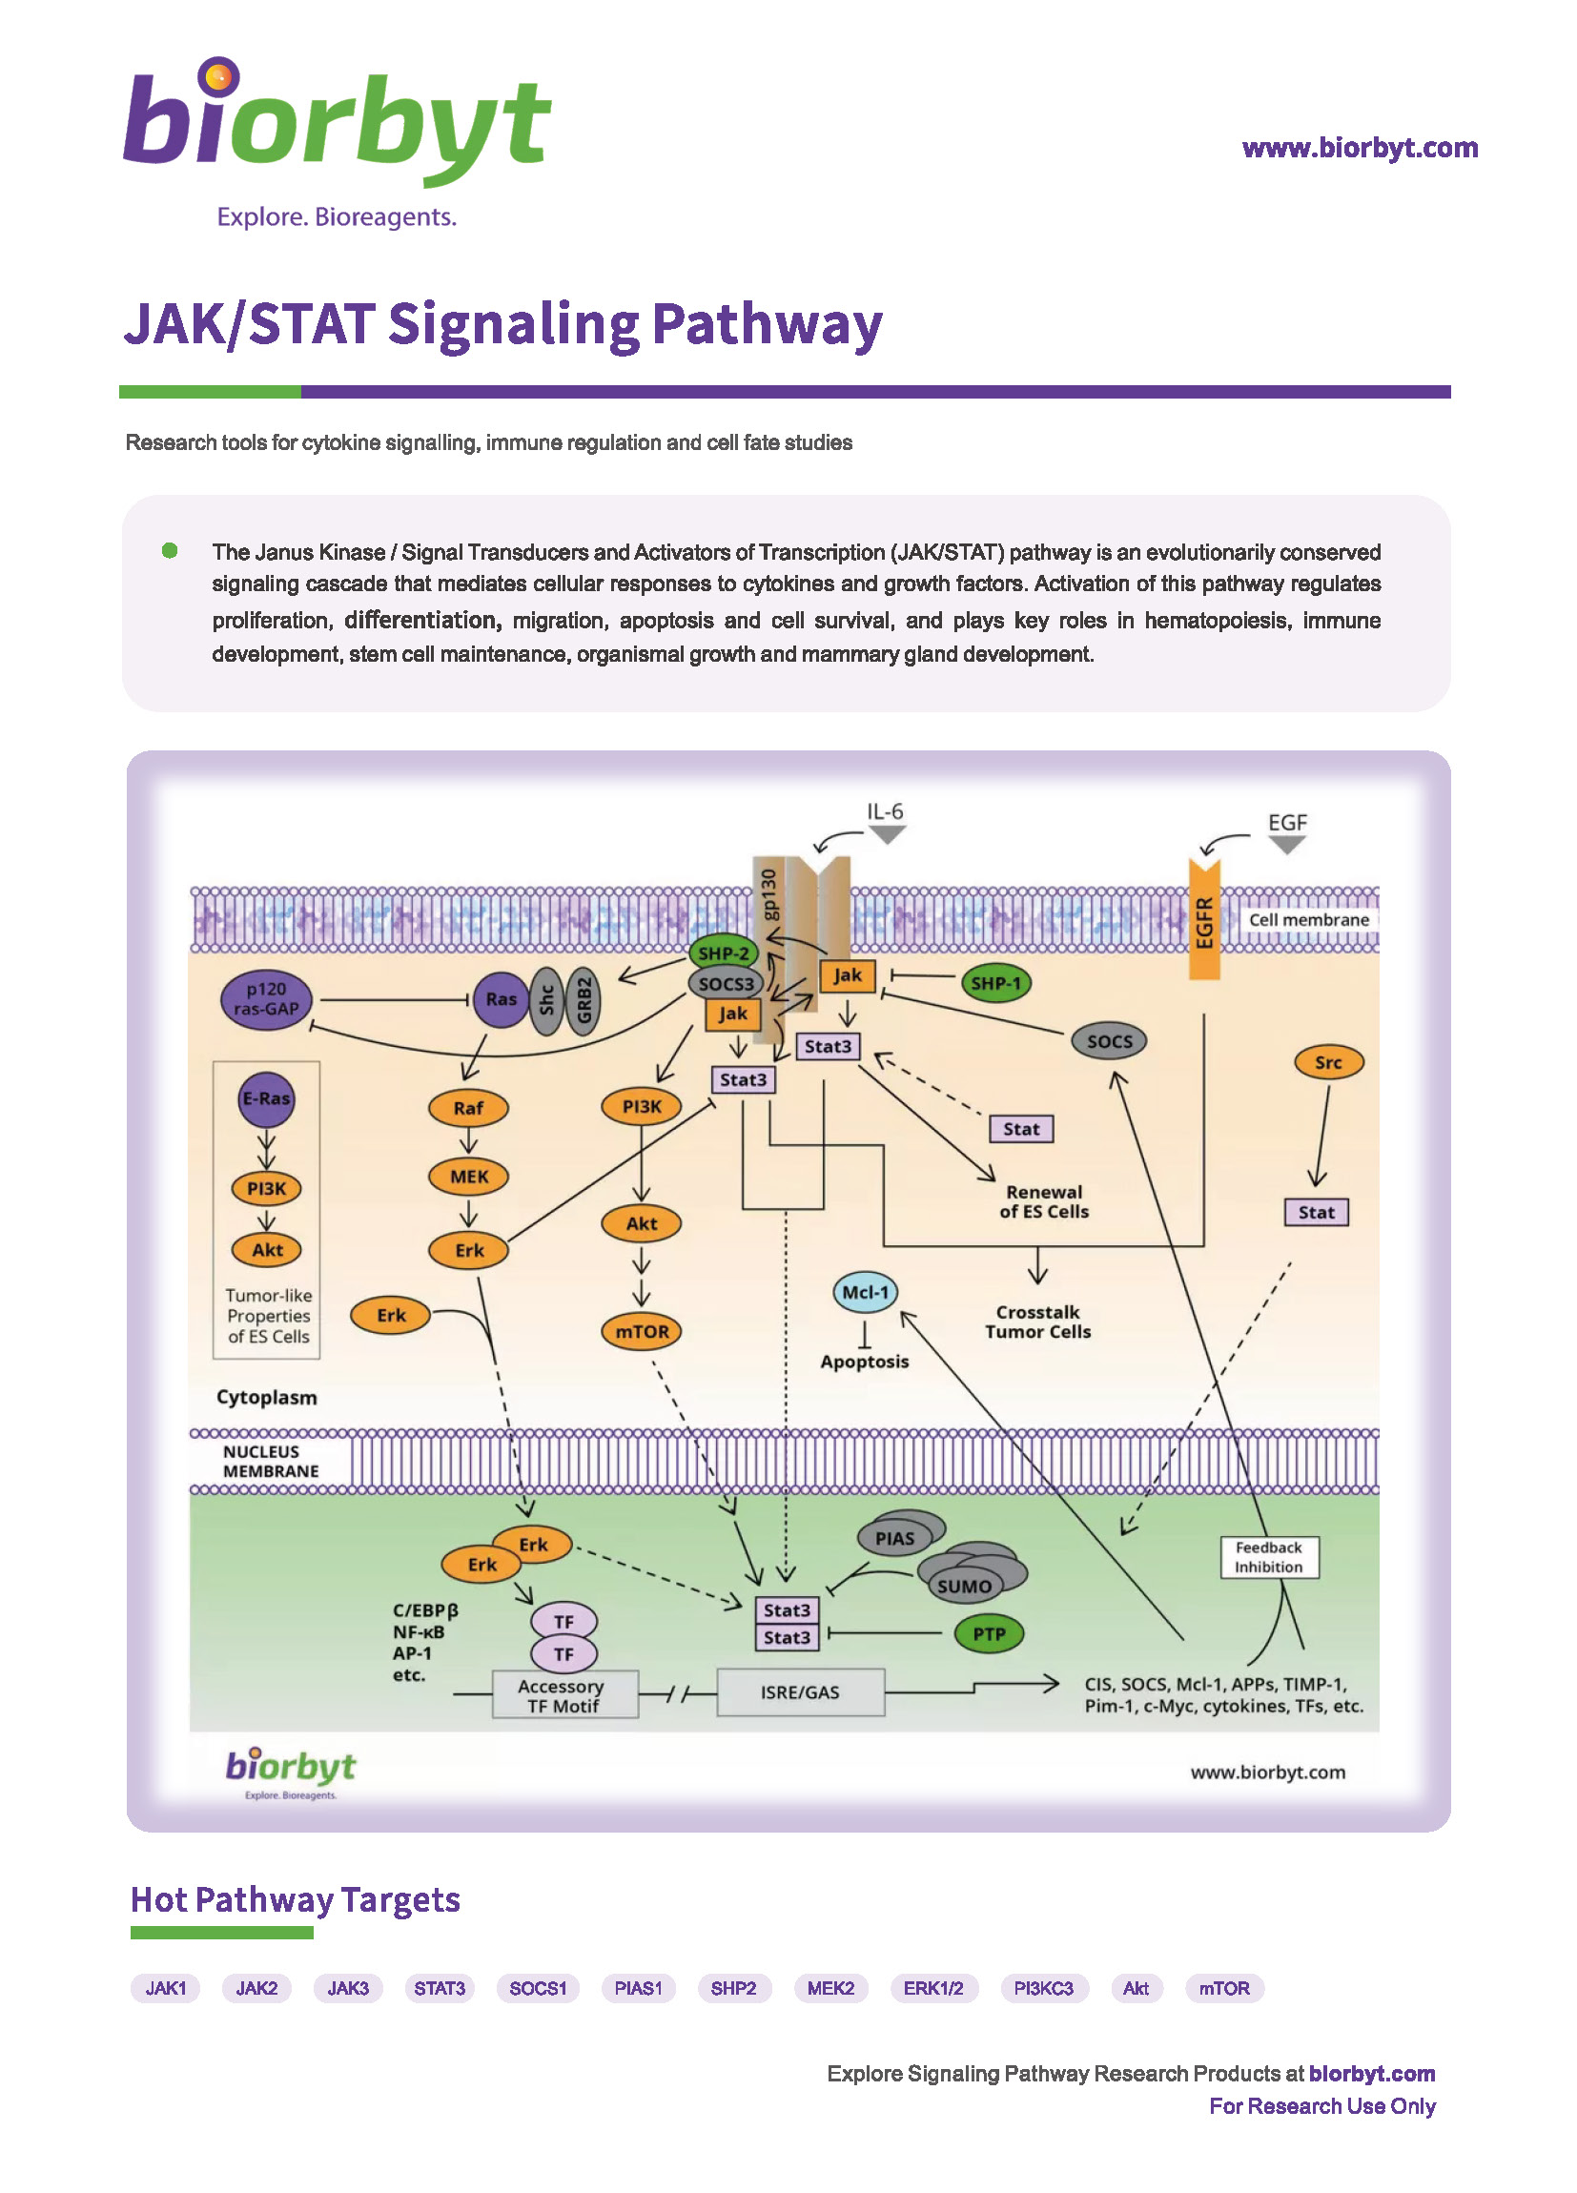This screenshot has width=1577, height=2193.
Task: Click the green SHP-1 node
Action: tap(995, 983)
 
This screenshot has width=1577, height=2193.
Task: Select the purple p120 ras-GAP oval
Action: tap(266, 999)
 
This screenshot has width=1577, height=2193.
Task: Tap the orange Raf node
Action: tap(468, 1108)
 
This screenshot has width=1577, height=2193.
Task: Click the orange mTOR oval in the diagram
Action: tap(641, 1331)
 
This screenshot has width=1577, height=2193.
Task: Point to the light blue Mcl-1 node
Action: tap(865, 1292)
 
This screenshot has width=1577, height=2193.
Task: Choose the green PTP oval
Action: tap(988, 1634)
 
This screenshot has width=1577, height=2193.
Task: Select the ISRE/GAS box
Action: tap(800, 1692)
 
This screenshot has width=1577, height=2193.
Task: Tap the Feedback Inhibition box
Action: tap(1269, 1557)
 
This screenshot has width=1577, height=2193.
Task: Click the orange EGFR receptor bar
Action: tap(1203, 918)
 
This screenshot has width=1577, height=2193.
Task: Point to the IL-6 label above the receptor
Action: tap(884, 811)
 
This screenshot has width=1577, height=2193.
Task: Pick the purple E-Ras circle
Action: tap(266, 1098)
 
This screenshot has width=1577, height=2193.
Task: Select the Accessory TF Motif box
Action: tap(563, 1694)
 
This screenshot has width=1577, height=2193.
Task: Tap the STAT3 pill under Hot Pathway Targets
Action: tap(439, 1988)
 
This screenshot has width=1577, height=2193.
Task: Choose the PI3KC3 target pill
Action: tap(1043, 1988)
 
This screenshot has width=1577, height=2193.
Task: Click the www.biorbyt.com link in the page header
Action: tap(1360, 148)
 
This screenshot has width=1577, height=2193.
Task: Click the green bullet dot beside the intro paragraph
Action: tap(170, 550)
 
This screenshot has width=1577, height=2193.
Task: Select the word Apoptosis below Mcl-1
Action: tap(865, 1362)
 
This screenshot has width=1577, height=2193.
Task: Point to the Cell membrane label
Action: tap(1308, 919)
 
